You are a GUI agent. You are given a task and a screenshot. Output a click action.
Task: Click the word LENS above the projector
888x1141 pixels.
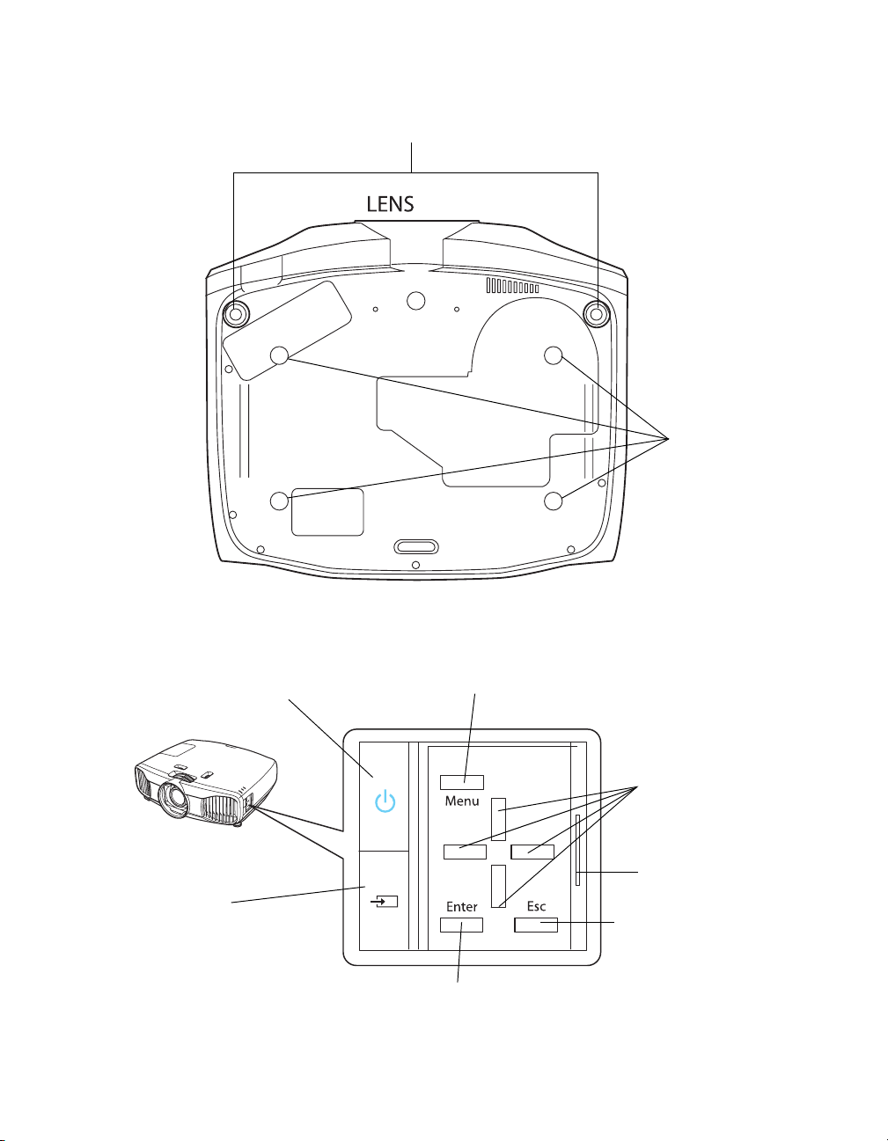tap(390, 204)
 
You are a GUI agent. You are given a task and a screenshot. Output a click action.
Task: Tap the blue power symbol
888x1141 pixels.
tap(385, 801)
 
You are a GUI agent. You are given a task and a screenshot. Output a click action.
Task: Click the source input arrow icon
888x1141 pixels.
tap(384, 901)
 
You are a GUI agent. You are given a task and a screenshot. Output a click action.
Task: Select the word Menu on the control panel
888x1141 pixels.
tap(462, 801)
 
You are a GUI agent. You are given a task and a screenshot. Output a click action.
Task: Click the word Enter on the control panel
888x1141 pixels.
tap(461, 906)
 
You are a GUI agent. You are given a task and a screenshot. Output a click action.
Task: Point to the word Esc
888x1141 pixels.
tap(536, 906)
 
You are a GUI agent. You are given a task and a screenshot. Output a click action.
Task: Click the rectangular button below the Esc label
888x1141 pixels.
tap(536, 925)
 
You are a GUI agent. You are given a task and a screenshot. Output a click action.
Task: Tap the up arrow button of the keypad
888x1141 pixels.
tap(498, 820)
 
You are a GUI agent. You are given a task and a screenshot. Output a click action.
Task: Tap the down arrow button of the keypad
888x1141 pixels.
tap(498, 887)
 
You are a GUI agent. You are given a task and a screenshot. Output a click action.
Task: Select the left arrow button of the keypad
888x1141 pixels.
tap(465, 852)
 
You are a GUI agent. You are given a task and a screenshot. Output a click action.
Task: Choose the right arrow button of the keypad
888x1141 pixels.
tap(532, 852)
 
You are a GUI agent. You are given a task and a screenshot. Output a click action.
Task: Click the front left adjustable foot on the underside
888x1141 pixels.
tap(236, 313)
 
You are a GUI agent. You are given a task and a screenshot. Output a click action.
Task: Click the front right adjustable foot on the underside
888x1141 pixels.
tap(596, 313)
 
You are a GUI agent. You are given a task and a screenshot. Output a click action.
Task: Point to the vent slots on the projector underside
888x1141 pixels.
tap(512, 286)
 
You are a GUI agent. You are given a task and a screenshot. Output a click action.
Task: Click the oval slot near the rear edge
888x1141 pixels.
tap(417, 546)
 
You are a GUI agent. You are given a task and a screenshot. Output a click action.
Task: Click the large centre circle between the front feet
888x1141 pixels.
tap(416, 300)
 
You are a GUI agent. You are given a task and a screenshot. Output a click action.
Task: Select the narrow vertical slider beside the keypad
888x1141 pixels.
tap(577, 850)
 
